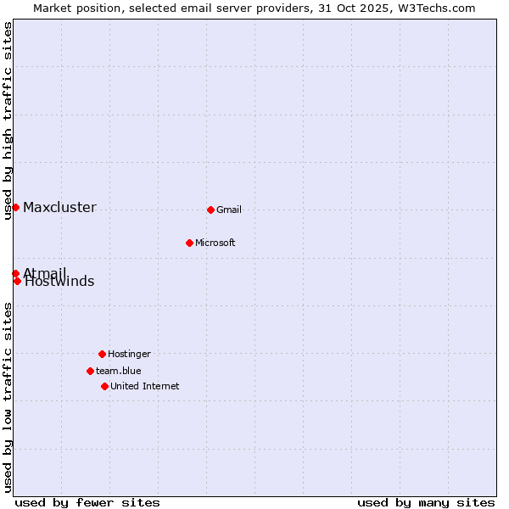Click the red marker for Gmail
click(x=210, y=210)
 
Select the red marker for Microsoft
click(x=189, y=243)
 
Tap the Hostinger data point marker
click(x=102, y=354)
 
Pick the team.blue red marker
click(x=90, y=371)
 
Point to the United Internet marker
click(x=104, y=386)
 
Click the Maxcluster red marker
click(x=15, y=207)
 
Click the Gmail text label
click(x=229, y=210)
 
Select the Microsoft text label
click(x=215, y=243)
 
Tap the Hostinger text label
click(x=129, y=355)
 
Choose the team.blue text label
click(x=119, y=372)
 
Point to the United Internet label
click(x=145, y=387)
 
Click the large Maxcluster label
click(x=59, y=208)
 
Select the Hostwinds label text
click(x=59, y=282)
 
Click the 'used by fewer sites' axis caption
click(x=87, y=502)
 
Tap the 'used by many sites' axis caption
click(x=426, y=502)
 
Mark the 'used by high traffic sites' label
click(x=8, y=120)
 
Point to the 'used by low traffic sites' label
click(x=8, y=397)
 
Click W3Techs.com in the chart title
click(x=438, y=8)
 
